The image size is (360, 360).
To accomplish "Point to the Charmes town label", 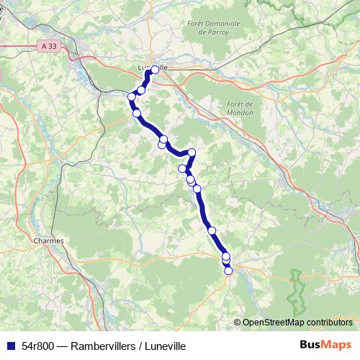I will [x=48, y=240].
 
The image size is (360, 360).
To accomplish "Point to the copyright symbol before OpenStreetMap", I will [x=238, y=322].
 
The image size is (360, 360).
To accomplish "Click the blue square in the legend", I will [x=11, y=346].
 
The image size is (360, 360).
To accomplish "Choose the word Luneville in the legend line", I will [x=165, y=346].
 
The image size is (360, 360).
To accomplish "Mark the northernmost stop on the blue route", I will [x=154, y=70].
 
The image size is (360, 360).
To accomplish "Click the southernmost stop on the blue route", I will [x=229, y=271].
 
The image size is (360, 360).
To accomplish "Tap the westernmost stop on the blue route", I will [x=131, y=96].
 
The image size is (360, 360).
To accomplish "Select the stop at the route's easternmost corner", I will [x=192, y=152].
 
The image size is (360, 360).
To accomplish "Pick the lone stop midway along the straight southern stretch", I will [x=212, y=230].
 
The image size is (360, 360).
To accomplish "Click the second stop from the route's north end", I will [x=141, y=90].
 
